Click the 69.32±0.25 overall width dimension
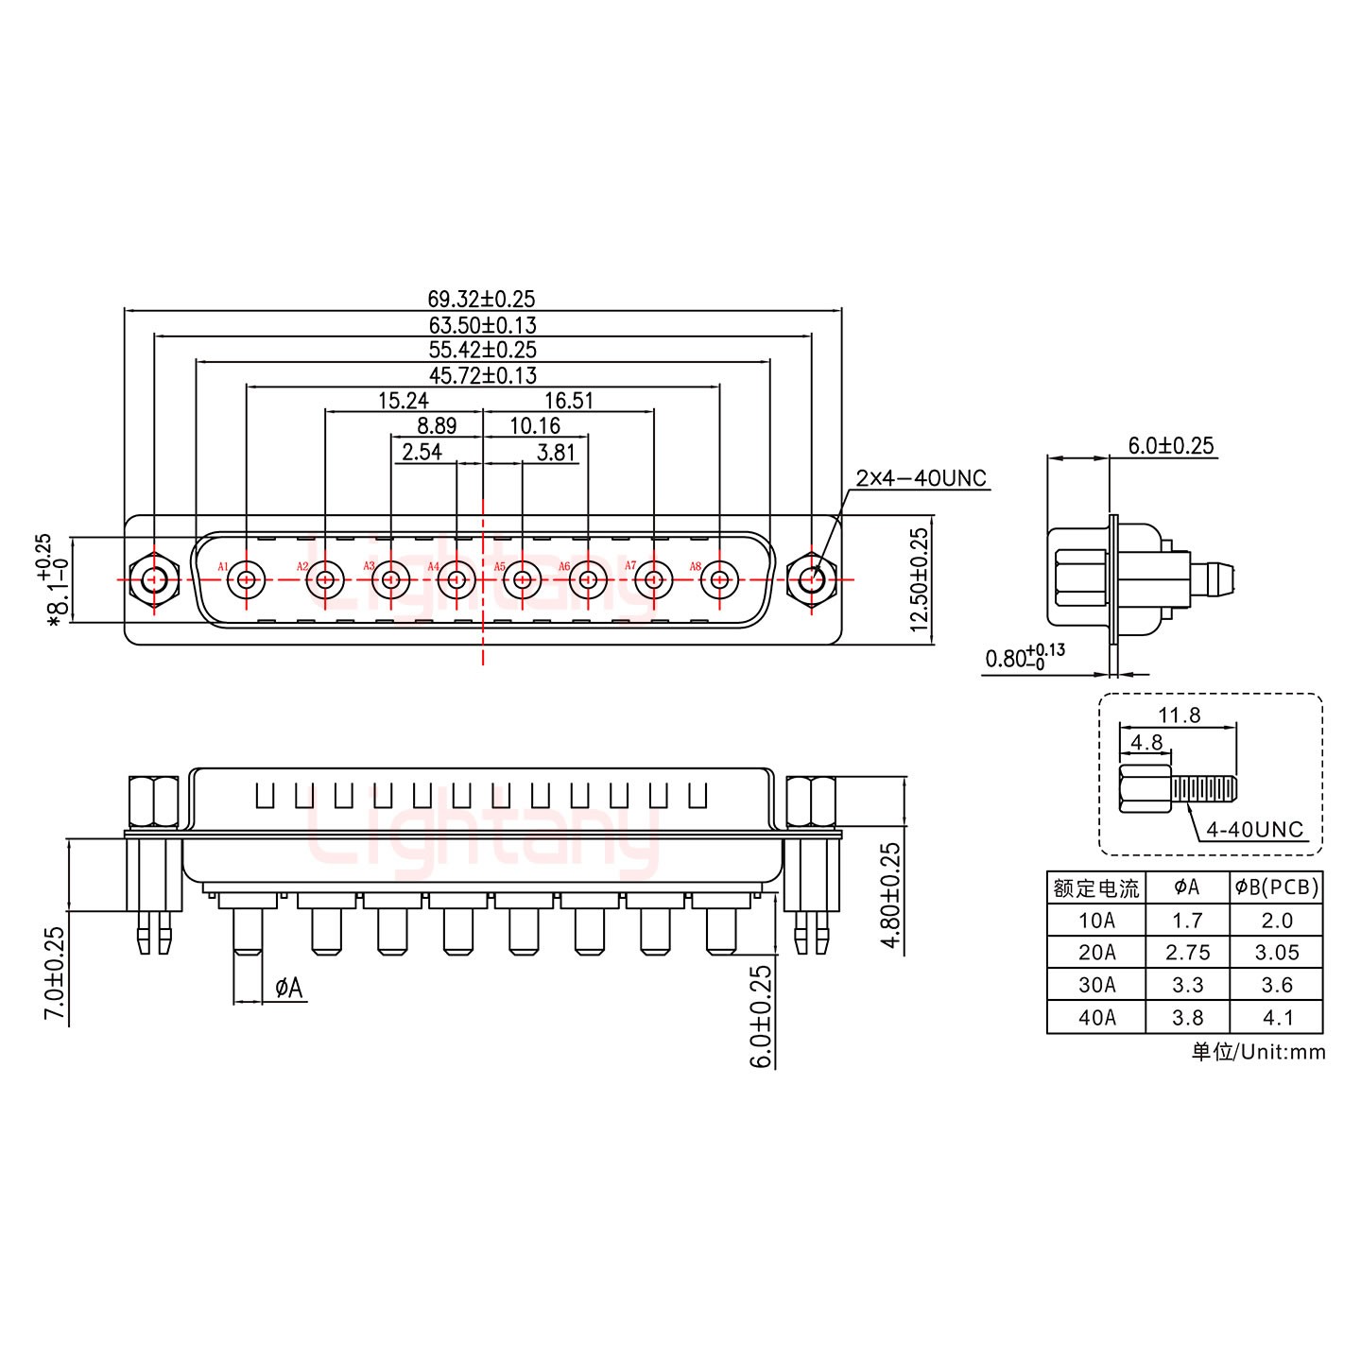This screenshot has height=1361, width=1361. [x=482, y=301]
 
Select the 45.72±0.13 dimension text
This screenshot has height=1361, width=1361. [x=482, y=376]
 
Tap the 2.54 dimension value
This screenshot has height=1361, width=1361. [x=422, y=452]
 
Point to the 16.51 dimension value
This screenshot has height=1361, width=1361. [x=569, y=401]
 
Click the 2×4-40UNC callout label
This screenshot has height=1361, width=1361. [x=921, y=478]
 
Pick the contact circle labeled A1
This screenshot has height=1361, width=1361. [x=248, y=579]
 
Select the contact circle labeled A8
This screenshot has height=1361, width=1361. [x=720, y=579]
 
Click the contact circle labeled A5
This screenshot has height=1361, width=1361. [x=522, y=579]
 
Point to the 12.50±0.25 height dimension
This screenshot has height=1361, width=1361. [x=920, y=579]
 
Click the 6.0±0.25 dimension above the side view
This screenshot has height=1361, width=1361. [x=1171, y=446]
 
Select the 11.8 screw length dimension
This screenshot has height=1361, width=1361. [x=1180, y=715]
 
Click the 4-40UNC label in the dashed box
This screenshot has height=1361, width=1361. [x=1254, y=830]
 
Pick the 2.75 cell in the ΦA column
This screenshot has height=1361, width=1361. [x=1187, y=952]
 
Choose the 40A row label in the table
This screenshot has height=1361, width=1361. [x=1096, y=1017]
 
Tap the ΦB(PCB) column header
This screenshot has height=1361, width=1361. [x=1276, y=887]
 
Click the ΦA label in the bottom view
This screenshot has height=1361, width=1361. [x=288, y=989]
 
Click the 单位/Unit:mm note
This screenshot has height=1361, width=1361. [x=1258, y=1052]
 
